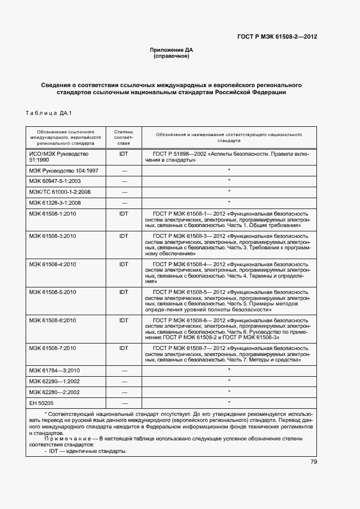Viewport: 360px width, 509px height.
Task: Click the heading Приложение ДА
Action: (172, 50)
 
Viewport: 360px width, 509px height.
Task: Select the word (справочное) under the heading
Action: (172, 56)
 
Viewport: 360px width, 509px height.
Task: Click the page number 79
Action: (314, 462)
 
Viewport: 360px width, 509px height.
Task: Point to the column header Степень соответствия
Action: (124, 138)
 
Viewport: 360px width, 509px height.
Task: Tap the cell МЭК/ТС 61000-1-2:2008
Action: (59, 192)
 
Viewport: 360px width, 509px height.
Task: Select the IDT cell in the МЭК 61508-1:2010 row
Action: (124, 214)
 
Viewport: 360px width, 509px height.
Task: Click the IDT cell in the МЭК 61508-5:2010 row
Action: (124, 292)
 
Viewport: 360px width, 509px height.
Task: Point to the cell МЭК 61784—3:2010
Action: (54, 370)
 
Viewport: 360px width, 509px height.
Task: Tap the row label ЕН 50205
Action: (41, 403)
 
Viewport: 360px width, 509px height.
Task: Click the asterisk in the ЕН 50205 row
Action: (229, 402)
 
